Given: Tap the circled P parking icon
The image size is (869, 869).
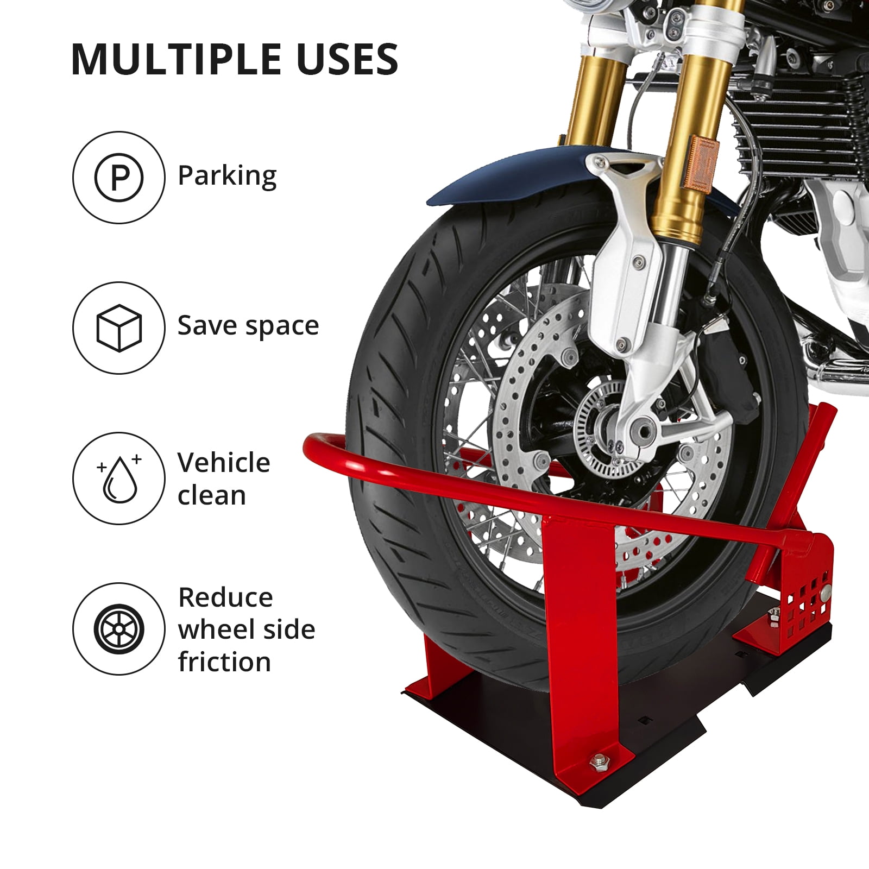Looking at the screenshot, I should pyautogui.click(x=119, y=177).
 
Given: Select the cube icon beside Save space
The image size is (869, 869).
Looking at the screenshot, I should pyautogui.click(x=119, y=328).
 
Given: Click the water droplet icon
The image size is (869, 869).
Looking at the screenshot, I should pyautogui.click(x=119, y=478).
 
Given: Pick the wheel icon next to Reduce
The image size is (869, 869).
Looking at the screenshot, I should pyautogui.click(x=119, y=629).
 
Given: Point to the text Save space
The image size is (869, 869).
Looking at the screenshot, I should pyautogui.click(x=248, y=326).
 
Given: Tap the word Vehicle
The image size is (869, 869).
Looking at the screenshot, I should pyautogui.click(x=224, y=463).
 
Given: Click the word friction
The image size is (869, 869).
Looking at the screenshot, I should pyautogui.click(x=224, y=662).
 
